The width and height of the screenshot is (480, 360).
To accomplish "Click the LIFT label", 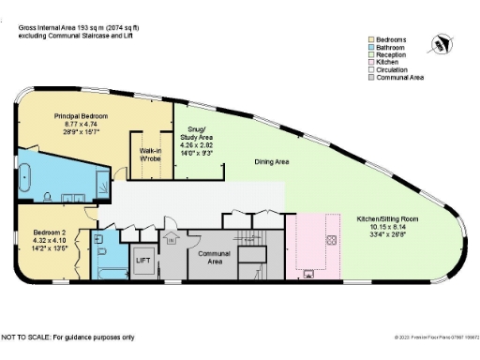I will point(143,260).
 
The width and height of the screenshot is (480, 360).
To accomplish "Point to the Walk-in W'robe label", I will point(152,155).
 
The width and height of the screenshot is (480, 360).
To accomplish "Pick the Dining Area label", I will point(272,161).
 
